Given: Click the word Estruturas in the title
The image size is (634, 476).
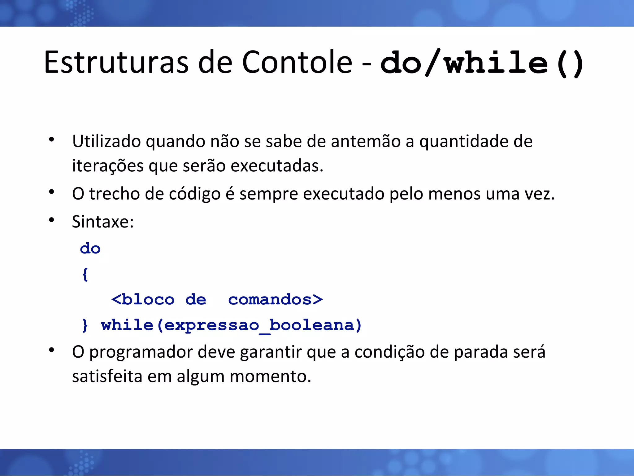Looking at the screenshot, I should point(116,63).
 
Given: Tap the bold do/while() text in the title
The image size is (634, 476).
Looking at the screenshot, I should point(481,64).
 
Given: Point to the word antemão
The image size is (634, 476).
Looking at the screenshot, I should point(365,141).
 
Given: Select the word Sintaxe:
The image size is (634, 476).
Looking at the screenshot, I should point(103,222).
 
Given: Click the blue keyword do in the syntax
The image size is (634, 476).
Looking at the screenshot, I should point(90,249).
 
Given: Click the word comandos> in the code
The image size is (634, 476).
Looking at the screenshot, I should point(275,300).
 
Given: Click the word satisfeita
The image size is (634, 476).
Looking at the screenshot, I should point(107,377).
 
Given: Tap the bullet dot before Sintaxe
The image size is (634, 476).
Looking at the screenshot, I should point(52,220).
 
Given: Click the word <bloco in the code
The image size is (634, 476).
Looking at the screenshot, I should point(143,300).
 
